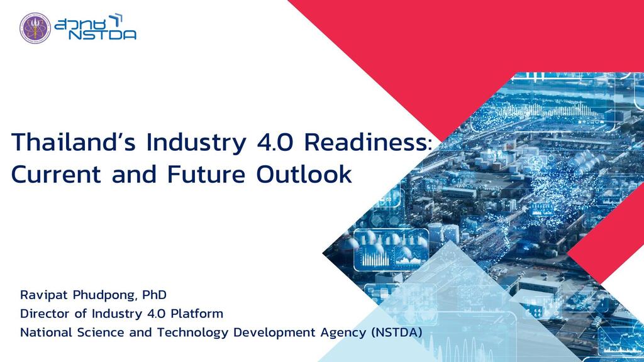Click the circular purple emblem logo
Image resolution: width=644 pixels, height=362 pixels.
tap(35, 28)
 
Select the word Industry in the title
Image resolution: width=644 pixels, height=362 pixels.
tap(195, 143)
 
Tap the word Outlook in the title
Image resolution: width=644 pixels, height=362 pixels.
tap(304, 174)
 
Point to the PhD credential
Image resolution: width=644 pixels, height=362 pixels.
tap(154, 295)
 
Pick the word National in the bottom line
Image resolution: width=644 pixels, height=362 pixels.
tap(44, 332)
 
